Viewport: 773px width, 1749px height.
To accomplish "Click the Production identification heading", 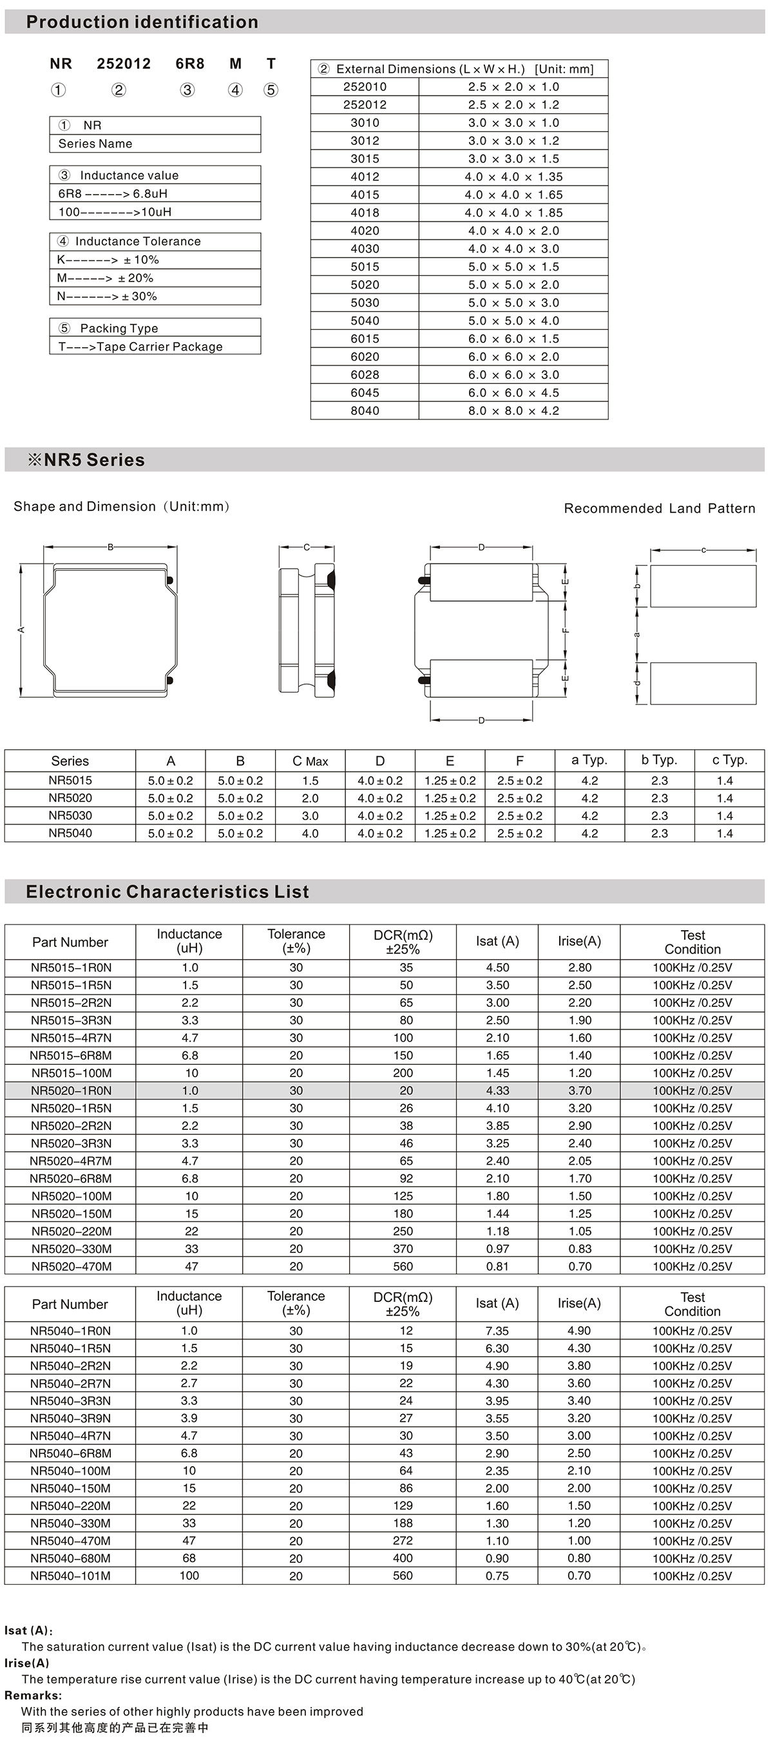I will click(142, 22).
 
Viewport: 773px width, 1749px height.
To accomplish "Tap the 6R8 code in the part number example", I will click(189, 64).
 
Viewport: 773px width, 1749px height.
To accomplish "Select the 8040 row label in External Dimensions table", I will click(365, 411).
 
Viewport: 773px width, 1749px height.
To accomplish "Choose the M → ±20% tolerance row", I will click(105, 278).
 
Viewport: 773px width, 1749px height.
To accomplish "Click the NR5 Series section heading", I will click(86, 460).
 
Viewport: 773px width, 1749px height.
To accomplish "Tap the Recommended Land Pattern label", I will click(659, 508).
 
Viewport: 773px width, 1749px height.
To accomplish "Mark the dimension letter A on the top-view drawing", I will click(21, 629).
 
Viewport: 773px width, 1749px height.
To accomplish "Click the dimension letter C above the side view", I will click(307, 547).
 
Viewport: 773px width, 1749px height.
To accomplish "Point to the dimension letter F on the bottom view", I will click(566, 630).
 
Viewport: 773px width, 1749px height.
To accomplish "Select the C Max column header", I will click(310, 761).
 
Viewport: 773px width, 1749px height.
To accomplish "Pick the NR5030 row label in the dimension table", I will click(70, 816).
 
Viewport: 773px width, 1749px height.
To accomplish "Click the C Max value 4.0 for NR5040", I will click(310, 833).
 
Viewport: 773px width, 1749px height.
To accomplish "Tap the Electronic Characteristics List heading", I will click(167, 892).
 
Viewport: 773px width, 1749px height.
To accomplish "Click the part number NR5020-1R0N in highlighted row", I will click(72, 1091).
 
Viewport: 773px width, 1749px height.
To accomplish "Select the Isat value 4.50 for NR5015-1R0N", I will click(497, 968).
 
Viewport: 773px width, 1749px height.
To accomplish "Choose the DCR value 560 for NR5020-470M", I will click(403, 1266).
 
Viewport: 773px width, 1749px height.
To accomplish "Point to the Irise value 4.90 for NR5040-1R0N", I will click(579, 1331).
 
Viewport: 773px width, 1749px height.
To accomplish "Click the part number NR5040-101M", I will click(70, 1576).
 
